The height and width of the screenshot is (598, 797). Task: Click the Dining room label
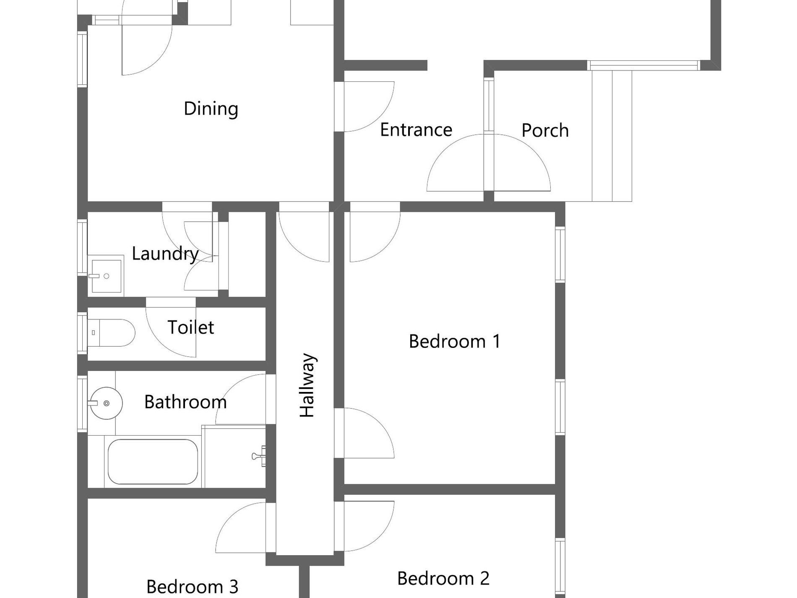pyautogui.click(x=211, y=109)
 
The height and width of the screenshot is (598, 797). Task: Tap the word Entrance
pyautogui.click(x=416, y=130)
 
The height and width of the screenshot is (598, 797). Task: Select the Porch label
pyautogui.click(x=545, y=131)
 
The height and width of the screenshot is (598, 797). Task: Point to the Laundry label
pyautogui.click(x=165, y=254)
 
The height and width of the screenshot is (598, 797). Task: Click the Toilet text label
pyautogui.click(x=191, y=327)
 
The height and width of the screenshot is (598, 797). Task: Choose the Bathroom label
pyautogui.click(x=185, y=402)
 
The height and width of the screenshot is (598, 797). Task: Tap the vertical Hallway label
pyautogui.click(x=307, y=385)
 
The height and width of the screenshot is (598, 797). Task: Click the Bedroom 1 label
pyautogui.click(x=455, y=341)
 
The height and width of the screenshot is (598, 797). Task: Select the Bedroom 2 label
pyautogui.click(x=443, y=578)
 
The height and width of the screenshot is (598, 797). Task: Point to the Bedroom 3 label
pyautogui.click(x=192, y=586)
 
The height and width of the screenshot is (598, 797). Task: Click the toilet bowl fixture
pyautogui.click(x=111, y=333)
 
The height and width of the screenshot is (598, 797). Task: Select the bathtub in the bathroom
pyautogui.click(x=153, y=462)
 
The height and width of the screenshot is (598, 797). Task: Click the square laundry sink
pyautogui.click(x=106, y=276)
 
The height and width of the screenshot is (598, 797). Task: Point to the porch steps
pyautogui.click(x=612, y=136)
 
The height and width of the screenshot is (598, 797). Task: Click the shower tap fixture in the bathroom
pyautogui.click(x=259, y=456)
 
